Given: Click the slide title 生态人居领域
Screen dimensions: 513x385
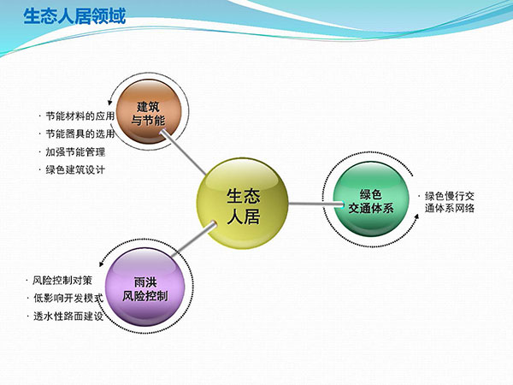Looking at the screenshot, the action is pos(74,16).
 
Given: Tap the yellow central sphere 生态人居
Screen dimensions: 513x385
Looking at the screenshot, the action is pos(243,203).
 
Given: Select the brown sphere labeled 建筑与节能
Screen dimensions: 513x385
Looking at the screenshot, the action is pos(149,111).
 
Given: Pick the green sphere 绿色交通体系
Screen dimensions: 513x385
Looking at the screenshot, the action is pos(371,199).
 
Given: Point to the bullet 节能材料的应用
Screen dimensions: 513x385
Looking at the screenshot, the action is pos(80,115).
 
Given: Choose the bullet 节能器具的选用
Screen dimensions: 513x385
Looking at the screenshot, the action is pos(80,133).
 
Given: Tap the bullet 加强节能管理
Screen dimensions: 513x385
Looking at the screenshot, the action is pos(75,152).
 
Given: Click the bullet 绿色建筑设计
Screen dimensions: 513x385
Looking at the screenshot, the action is pos(75,170).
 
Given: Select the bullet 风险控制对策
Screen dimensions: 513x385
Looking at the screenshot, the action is pos(62,281).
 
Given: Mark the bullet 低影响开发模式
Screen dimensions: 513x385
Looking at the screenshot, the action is pos(68,298).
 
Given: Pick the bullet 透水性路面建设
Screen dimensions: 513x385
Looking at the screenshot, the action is pos(68,317).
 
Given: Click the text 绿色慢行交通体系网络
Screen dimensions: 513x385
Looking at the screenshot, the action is pos(450,202).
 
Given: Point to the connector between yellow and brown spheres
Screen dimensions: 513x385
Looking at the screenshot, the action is pos(184,152).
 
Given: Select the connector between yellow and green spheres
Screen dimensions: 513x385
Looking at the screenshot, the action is pos(316,204).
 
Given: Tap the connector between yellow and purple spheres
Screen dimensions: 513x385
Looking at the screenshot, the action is pos(193,240).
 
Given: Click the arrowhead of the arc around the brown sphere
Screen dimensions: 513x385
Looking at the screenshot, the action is pos(111,102).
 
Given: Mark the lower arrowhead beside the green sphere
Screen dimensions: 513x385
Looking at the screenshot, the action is pos(416,216).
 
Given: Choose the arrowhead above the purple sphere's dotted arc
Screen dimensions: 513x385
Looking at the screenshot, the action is pos(102,264).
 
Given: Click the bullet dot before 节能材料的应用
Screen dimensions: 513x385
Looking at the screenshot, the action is pos(40,115).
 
